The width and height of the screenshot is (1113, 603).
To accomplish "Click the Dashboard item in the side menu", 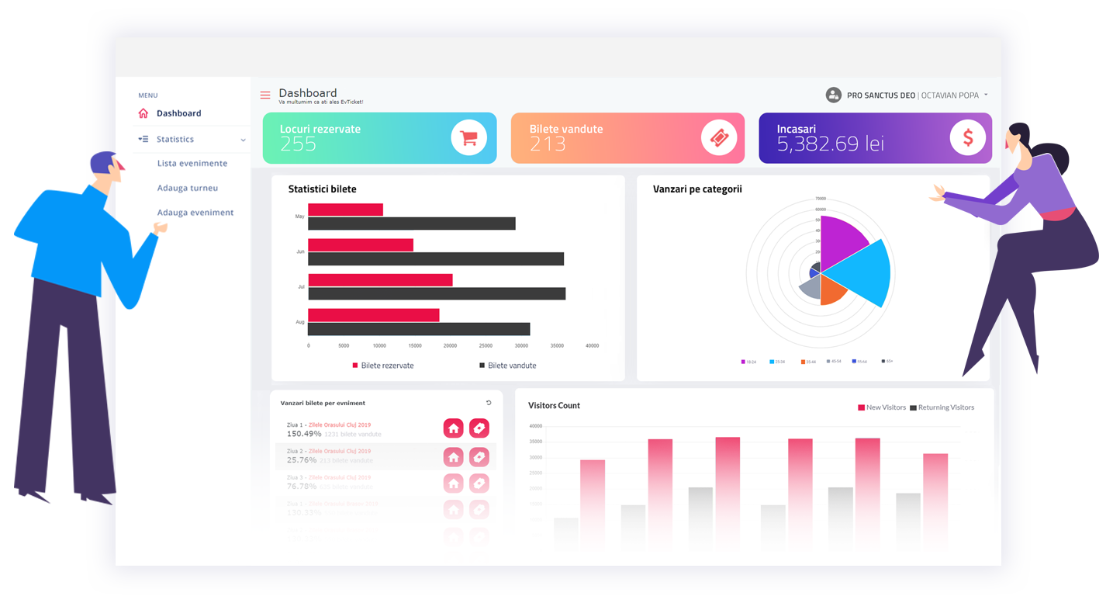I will (178, 113).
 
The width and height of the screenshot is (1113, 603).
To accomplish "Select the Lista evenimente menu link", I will (192, 164).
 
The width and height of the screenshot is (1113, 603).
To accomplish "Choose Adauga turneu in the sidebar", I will (188, 188).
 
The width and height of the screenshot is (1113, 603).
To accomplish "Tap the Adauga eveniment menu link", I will (195, 213).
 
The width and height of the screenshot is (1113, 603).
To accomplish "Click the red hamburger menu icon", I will (265, 95).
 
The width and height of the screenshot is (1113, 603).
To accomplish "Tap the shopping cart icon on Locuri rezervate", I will (468, 138).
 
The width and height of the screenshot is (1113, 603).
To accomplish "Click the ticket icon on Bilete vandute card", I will (719, 138).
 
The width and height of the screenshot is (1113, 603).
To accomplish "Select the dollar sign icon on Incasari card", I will (968, 138).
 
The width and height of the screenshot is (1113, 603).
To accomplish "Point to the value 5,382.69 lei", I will (830, 144).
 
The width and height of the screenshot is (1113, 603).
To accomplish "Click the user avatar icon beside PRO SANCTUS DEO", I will (834, 95).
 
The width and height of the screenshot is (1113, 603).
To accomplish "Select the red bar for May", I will (345, 210).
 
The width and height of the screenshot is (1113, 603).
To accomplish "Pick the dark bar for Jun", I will (436, 259).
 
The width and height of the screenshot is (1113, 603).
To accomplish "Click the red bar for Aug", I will (374, 315).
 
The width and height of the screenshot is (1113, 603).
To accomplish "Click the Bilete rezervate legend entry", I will (383, 366).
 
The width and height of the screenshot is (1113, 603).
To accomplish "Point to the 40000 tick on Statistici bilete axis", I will (592, 346).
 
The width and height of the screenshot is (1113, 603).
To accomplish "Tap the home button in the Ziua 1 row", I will (454, 428).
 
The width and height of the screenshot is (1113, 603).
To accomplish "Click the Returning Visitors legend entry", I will (942, 407).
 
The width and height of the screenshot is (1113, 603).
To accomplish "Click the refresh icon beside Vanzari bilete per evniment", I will (489, 403).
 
